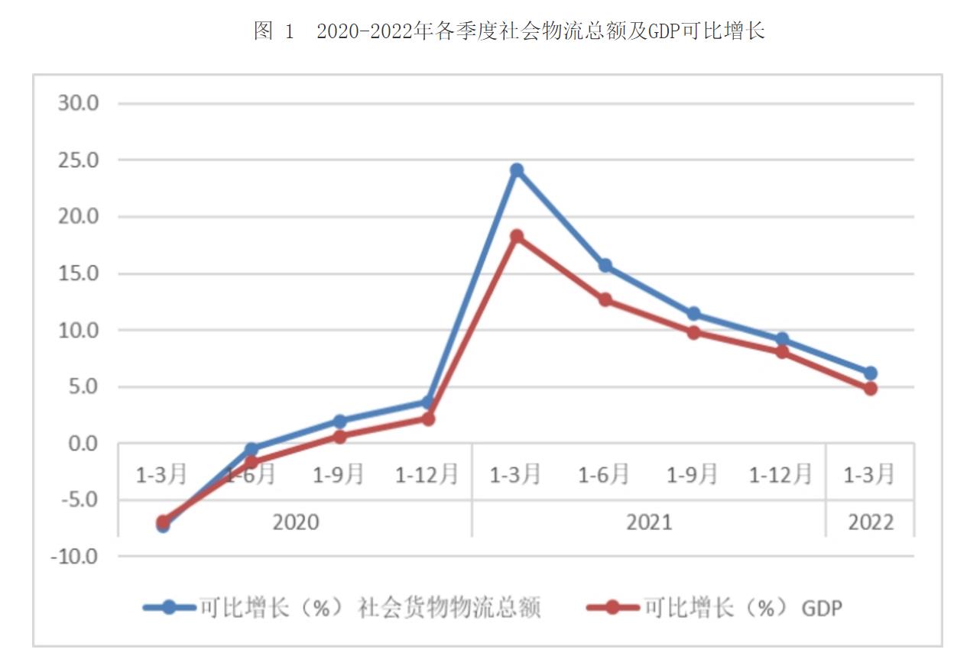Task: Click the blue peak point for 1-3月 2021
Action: tap(517, 170)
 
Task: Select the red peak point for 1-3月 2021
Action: tap(517, 237)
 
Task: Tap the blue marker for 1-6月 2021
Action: tap(605, 266)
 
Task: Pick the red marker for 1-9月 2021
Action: tap(693, 332)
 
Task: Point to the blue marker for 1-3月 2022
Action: tap(870, 373)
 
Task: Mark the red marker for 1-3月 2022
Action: tap(870, 389)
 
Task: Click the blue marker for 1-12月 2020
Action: tap(428, 402)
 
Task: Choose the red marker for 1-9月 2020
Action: tap(339, 437)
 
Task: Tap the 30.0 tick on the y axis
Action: tap(79, 103)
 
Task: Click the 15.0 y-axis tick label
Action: tap(79, 273)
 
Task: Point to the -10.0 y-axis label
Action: tap(75, 557)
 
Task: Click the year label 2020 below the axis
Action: tap(296, 522)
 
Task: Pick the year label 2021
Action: tap(649, 522)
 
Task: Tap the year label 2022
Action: tap(870, 522)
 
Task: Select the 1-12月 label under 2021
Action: tap(780, 475)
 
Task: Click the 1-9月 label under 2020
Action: tap(339, 475)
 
